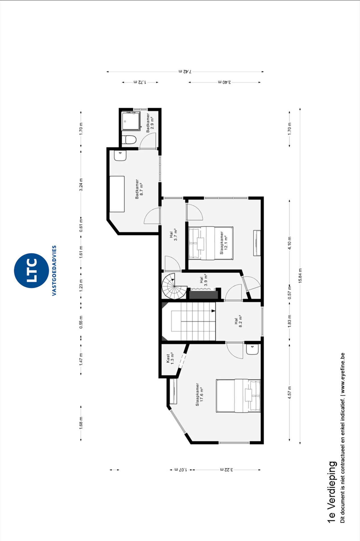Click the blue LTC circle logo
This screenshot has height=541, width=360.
[x=31, y=270]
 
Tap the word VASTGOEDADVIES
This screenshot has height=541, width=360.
[x=54, y=270]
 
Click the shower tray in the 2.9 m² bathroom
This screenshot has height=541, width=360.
[x=131, y=121]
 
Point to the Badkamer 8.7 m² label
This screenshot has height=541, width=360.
[x=139, y=189]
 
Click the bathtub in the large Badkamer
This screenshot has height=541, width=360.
[x=117, y=194]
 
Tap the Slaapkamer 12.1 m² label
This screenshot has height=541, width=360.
[x=224, y=243]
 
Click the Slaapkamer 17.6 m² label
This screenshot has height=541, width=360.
[x=199, y=394]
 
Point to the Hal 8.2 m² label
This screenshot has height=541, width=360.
[x=238, y=321]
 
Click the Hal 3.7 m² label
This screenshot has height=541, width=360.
[x=173, y=234]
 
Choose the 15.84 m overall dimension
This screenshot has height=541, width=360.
[x=300, y=276]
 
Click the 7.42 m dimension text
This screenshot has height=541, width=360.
[x=185, y=71]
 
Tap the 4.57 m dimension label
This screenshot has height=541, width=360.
[x=290, y=392]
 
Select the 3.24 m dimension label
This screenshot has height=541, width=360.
[x=81, y=185]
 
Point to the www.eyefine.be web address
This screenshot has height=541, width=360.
[x=343, y=373]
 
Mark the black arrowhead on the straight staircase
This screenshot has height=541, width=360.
[x=213, y=311]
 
